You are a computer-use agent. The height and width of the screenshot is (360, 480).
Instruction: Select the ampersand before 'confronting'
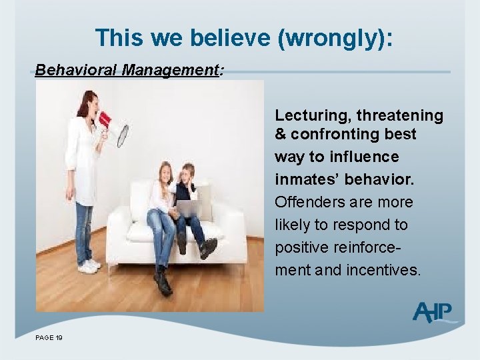point(281,134)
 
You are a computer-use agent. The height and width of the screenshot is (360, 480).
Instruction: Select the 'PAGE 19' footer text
point(49,339)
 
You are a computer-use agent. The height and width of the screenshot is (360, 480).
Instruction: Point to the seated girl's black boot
point(162,280)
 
